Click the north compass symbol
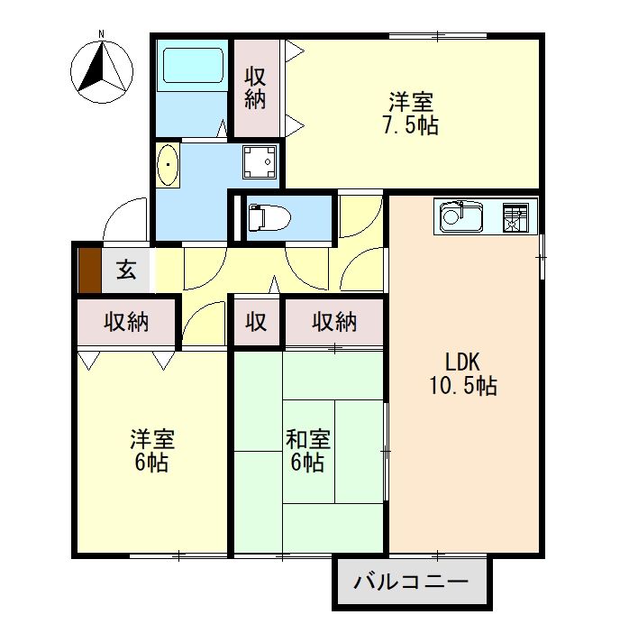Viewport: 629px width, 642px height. (101, 68)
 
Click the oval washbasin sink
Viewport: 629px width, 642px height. (169, 165)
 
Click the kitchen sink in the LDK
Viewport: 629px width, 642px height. (462, 217)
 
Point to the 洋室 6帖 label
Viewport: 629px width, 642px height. (151, 451)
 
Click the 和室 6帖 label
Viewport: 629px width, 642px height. (308, 451)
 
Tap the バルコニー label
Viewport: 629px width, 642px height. (411, 582)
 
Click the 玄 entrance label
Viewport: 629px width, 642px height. (127, 270)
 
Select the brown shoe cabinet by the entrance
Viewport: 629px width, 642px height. (88, 270)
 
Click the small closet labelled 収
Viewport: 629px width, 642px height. (257, 322)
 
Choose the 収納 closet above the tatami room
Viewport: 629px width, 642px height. (334, 322)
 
